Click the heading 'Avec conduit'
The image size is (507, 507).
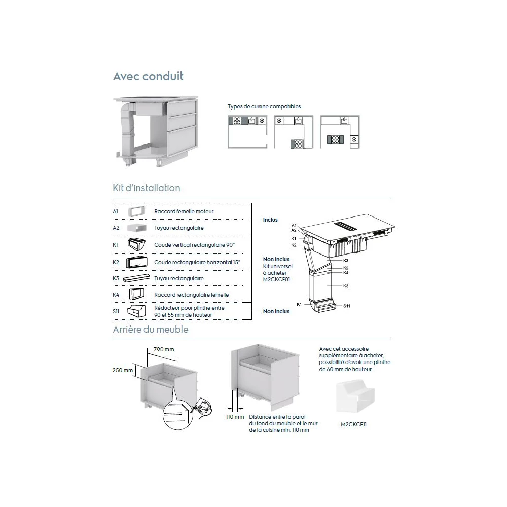(x=148, y=77)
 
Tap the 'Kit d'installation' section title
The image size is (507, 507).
(x=146, y=188)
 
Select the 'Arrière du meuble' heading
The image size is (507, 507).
(x=151, y=330)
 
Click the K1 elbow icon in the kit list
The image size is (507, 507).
(x=136, y=244)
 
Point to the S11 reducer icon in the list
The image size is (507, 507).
(x=136, y=311)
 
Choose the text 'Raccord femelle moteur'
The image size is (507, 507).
(x=184, y=211)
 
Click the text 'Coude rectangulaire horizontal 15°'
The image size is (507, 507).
(x=197, y=262)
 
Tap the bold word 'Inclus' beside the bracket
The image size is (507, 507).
(x=270, y=220)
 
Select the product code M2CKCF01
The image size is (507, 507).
(x=276, y=280)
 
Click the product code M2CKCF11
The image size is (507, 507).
(x=353, y=424)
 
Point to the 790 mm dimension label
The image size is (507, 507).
(x=164, y=349)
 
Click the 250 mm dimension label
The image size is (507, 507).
(x=123, y=370)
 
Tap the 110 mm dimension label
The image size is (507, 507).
(x=235, y=417)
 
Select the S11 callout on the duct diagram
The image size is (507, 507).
(x=347, y=306)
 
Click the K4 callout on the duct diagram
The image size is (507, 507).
(x=346, y=273)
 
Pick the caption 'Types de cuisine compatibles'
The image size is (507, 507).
(x=264, y=106)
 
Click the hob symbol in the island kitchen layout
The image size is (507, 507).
(x=335, y=140)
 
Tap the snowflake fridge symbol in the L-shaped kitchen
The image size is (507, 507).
(x=279, y=121)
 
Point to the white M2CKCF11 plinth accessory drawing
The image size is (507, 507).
(x=355, y=396)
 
